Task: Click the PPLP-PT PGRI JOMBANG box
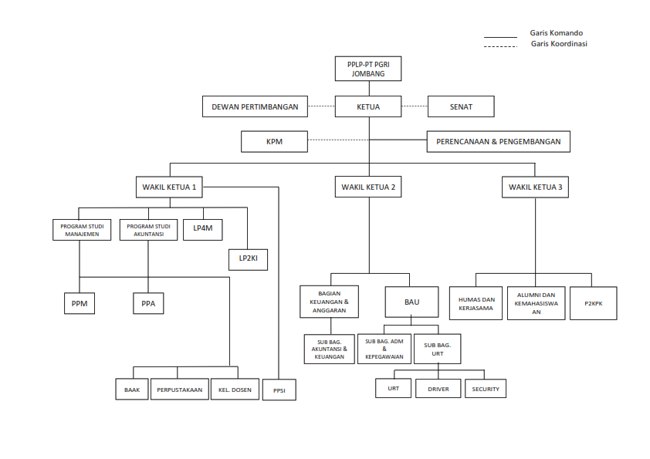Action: point(368,69)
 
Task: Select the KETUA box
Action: point(368,106)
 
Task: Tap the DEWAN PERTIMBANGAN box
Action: point(255,106)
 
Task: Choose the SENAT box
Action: point(461,106)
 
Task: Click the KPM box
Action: point(274,142)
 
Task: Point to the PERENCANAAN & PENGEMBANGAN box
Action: point(499,142)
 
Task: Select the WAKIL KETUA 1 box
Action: point(170,187)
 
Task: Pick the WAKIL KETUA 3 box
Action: point(536,187)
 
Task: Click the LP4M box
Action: point(202,230)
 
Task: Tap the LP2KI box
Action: point(248,258)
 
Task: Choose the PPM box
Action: point(80,304)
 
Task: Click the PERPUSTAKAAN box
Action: point(180,390)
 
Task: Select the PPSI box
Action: point(279,390)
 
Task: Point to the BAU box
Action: point(411,302)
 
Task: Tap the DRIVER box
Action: point(438,390)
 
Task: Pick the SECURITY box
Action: point(486,390)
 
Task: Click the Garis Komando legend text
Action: point(556,33)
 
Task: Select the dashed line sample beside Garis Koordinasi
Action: point(500,46)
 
